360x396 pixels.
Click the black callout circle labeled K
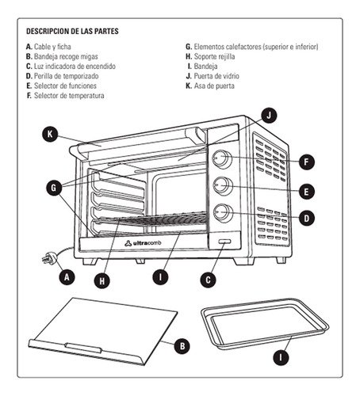tap(50, 134)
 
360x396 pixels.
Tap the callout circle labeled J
tap(269, 116)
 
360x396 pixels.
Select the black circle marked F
tap(307, 162)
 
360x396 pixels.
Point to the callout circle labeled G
tap(54, 188)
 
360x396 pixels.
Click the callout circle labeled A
tap(67, 277)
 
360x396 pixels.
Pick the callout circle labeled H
tap(102, 280)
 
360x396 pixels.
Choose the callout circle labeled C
tap(208, 280)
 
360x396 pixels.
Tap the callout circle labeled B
tap(182, 346)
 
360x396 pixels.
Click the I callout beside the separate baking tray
tap(281, 357)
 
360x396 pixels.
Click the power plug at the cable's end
tap(49, 257)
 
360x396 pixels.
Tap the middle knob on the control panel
tap(223, 186)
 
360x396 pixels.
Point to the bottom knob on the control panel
tap(224, 213)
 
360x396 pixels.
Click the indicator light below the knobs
tap(224, 242)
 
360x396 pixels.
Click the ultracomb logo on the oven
tap(143, 243)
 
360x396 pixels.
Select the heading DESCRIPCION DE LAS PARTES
tap(72, 31)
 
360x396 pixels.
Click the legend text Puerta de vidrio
tap(216, 76)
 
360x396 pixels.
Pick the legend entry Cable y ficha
tap(52, 47)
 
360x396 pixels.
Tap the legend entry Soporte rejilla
tap(214, 56)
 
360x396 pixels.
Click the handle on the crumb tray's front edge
tap(83, 348)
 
